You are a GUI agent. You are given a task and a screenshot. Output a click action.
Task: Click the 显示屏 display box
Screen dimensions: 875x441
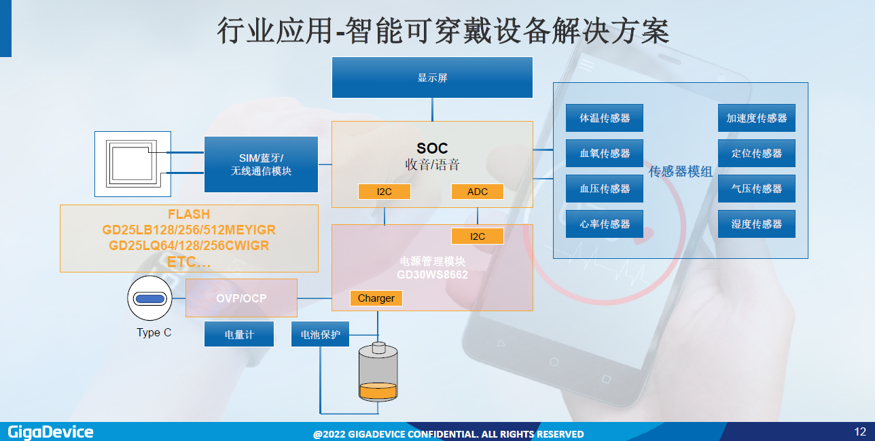[x=432, y=77]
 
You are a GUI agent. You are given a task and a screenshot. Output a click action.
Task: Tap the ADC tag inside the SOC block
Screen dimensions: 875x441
[x=478, y=192]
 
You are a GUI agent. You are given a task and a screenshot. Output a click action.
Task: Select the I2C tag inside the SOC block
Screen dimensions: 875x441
[x=385, y=192]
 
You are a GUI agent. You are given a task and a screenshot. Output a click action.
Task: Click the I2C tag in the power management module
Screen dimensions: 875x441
[x=478, y=236]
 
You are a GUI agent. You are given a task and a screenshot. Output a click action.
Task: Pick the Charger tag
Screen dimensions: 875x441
[x=376, y=298]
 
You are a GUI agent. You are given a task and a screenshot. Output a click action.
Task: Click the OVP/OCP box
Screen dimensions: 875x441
[x=241, y=298]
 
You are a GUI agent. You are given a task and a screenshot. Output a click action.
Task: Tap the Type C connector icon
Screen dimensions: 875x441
[x=149, y=298]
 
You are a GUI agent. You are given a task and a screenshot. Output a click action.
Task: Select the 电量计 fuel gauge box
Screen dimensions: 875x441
[x=239, y=334]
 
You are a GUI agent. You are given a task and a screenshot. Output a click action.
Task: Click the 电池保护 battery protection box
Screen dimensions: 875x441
[x=321, y=334]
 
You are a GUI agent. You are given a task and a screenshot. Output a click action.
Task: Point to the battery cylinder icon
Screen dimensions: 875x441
[x=378, y=372]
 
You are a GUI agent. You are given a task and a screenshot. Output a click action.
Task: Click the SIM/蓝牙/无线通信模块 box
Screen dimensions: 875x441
[x=261, y=164]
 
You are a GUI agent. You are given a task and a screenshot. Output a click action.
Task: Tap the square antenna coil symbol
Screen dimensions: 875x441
[x=133, y=164]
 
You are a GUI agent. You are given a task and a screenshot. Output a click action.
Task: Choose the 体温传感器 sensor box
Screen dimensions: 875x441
[x=605, y=118]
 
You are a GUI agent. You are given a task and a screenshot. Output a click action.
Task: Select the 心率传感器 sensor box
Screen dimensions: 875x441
[x=605, y=224]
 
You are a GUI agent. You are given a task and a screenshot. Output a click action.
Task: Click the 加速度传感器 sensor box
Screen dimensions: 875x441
[x=757, y=118]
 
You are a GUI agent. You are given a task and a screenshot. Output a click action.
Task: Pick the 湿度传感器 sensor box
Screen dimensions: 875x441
[x=757, y=224]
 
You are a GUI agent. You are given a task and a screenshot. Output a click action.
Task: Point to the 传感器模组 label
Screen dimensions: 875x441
[x=681, y=171]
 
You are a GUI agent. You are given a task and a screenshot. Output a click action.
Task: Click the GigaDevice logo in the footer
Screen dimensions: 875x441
[x=50, y=432]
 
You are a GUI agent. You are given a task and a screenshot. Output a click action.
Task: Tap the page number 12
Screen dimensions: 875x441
[x=860, y=431]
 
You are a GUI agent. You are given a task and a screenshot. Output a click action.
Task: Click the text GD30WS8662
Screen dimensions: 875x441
[x=433, y=275]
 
